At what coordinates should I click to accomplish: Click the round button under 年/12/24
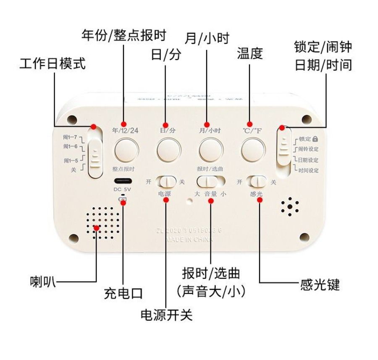coord(127,150)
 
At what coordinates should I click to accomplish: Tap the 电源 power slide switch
coord(168,181)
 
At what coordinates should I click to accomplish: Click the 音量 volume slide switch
coord(210,181)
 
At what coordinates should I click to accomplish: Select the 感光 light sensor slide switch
coord(257,181)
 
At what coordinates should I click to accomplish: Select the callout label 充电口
coord(123,293)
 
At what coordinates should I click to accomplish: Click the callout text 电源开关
coord(166,315)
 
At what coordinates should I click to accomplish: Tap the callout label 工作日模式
coord(52,64)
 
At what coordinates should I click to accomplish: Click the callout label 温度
coord(250,53)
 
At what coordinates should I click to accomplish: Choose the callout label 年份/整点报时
coord(123,35)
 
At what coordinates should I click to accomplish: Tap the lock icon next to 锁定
coord(315,139)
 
